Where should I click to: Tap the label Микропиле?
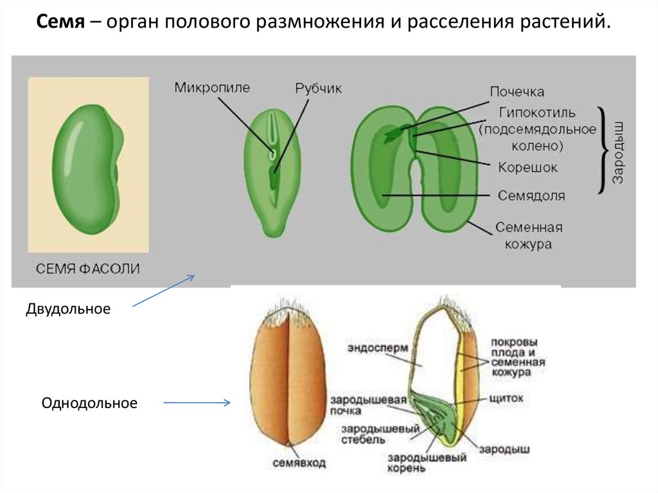coord(211,88)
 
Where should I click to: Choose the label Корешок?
coord(528,168)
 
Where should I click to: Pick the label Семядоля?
coord(531,195)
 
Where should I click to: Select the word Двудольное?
coord(68,309)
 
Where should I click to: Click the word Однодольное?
coord(89,404)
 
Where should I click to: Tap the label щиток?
coord(506,399)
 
